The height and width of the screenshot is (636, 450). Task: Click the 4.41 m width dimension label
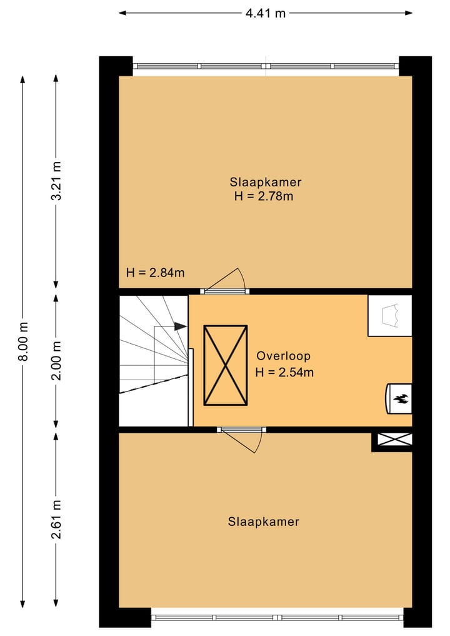266,13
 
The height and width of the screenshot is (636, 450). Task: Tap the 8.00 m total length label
24,341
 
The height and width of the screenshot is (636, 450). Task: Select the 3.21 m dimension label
57,181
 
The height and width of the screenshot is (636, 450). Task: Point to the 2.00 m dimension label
57,360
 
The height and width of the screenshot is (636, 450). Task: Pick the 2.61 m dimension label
57,519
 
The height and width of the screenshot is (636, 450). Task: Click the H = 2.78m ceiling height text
264,196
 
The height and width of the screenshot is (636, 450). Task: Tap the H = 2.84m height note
155,273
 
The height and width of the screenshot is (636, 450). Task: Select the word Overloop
284,356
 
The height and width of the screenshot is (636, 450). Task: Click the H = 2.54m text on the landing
284,372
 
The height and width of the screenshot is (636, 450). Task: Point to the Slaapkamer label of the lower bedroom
264,522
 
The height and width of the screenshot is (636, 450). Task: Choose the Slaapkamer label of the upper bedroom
266,182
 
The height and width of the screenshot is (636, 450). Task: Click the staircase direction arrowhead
181,326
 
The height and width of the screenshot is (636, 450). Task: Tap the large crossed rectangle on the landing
226,365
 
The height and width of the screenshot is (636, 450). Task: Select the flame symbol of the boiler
401,399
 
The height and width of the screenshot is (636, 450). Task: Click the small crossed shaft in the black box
395,439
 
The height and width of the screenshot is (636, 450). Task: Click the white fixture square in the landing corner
390,316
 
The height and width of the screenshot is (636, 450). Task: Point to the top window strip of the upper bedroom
266,66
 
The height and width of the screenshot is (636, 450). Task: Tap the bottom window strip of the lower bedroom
277,618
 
